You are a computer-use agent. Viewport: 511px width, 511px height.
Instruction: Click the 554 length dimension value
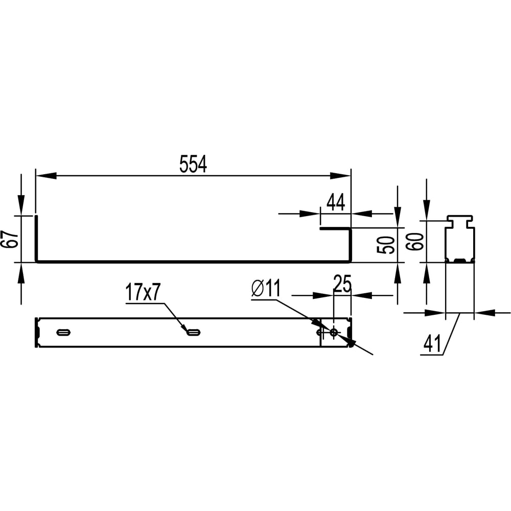[193, 164]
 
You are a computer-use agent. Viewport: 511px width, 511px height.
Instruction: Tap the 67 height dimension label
[9, 239]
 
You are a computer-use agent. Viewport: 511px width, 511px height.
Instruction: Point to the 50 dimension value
[386, 245]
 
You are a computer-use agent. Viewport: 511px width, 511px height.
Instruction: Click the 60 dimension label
[415, 242]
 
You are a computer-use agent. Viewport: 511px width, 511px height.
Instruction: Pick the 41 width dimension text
[432, 343]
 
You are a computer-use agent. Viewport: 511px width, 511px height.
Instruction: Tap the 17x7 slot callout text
[143, 292]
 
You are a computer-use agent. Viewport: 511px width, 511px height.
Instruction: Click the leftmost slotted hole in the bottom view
[63, 333]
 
